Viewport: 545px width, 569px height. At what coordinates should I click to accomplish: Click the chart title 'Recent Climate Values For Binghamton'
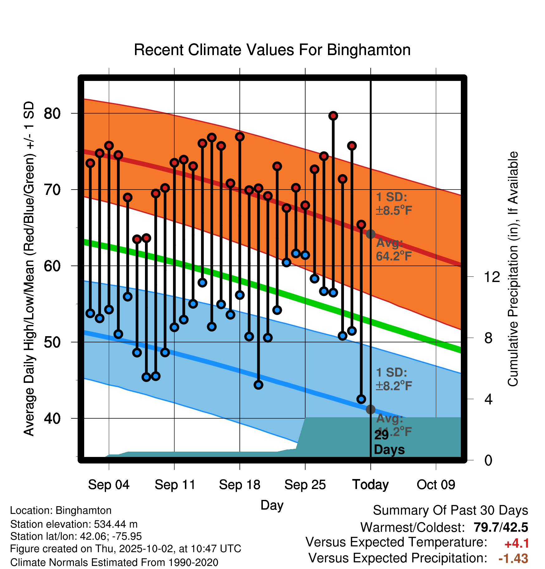click(272, 50)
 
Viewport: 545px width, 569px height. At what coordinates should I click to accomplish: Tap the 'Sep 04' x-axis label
click(109, 485)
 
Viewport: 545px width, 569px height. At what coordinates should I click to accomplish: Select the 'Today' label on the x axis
click(370, 485)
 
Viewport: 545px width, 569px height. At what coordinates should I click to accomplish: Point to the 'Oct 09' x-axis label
click(436, 485)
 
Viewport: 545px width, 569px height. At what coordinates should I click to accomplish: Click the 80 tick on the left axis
click(52, 114)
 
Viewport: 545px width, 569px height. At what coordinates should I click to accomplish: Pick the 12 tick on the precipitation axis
click(492, 277)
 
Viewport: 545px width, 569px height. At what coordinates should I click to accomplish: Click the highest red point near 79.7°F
click(333, 116)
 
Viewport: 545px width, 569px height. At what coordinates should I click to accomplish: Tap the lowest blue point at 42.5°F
click(361, 399)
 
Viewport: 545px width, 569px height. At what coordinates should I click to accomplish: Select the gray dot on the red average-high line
click(370, 234)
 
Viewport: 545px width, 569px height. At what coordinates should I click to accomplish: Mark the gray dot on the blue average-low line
click(370, 409)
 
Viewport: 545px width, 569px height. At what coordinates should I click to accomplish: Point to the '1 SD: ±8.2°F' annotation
click(393, 379)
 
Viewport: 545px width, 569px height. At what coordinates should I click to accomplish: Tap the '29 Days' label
click(389, 442)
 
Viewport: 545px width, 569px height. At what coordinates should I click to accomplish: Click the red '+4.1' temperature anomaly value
click(517, 543)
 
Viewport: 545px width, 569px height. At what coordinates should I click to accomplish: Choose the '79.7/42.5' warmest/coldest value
click(501, 527)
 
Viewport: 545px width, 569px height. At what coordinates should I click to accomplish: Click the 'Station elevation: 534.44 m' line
click(74, 524)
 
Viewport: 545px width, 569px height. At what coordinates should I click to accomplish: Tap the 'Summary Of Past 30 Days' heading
click(450, 510)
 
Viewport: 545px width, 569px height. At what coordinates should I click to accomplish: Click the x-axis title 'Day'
click(272, 505)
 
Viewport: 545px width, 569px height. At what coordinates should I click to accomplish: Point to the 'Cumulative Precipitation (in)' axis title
click(513, 269)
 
